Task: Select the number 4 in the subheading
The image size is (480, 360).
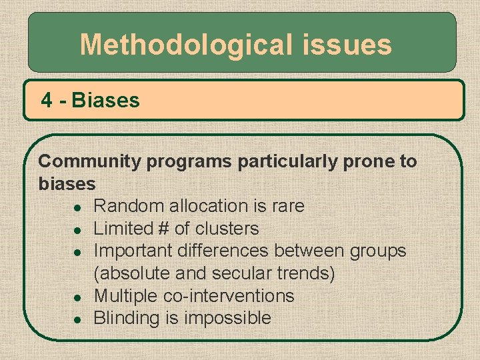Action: [47, 101]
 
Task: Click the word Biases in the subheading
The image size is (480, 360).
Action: [106, 101]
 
